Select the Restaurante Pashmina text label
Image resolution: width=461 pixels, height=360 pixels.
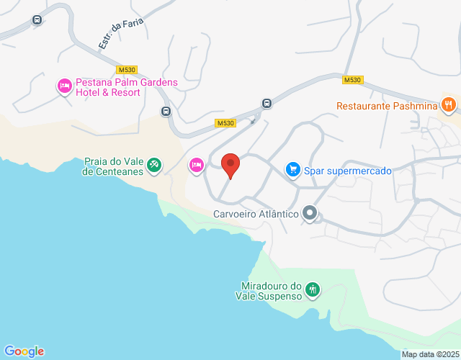coord(386,106)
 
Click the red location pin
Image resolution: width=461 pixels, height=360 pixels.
coord(230,166)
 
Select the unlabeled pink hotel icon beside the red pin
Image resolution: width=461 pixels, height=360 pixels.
coord(196,165)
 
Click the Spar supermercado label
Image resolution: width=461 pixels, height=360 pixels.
coord(347,171)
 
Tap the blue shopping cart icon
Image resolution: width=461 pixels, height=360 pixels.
coord(292,170)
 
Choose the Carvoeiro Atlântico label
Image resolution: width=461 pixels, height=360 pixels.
coord(256,214)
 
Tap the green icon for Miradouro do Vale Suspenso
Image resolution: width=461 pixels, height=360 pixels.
coord(313,289)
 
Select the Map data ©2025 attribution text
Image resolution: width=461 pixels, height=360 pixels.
coord(430,354)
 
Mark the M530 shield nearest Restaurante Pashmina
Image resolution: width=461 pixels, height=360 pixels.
coord(352,80)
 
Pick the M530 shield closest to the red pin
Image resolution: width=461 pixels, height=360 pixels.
coord(225,123)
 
